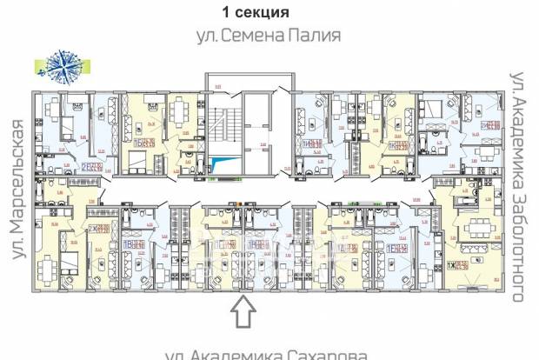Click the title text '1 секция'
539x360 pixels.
tap(256, 12)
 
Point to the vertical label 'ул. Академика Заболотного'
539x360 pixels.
tap(519, 186)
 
